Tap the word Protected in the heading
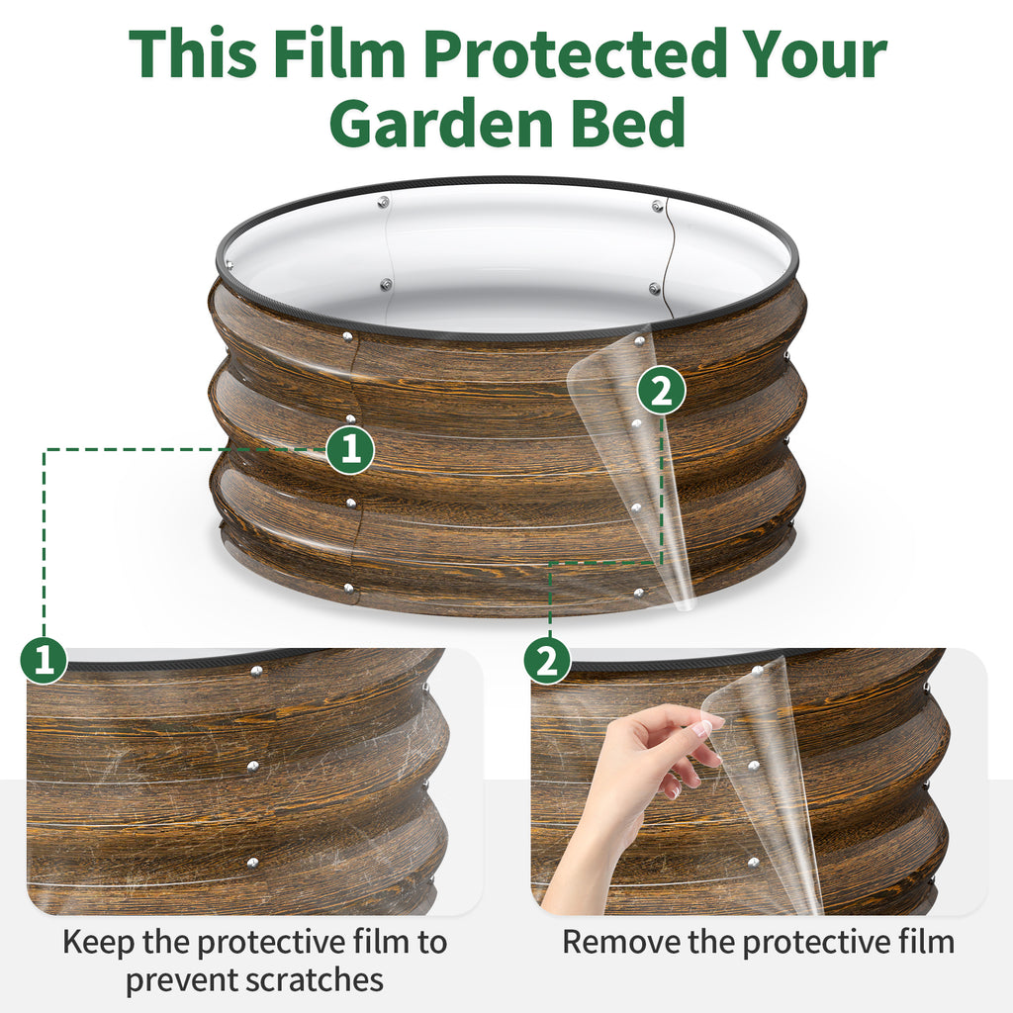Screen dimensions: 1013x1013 pos(576,55)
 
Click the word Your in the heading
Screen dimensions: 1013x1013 pos(812,55)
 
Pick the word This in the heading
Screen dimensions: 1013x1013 pos(185,55)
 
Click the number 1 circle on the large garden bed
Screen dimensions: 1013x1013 pos(350,450)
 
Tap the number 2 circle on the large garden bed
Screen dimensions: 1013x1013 pos(661,392)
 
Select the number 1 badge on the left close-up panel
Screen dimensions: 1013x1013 pos(45,660)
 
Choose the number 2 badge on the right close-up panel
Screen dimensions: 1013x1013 pos(547,660)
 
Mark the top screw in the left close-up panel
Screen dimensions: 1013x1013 pos(256,672)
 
